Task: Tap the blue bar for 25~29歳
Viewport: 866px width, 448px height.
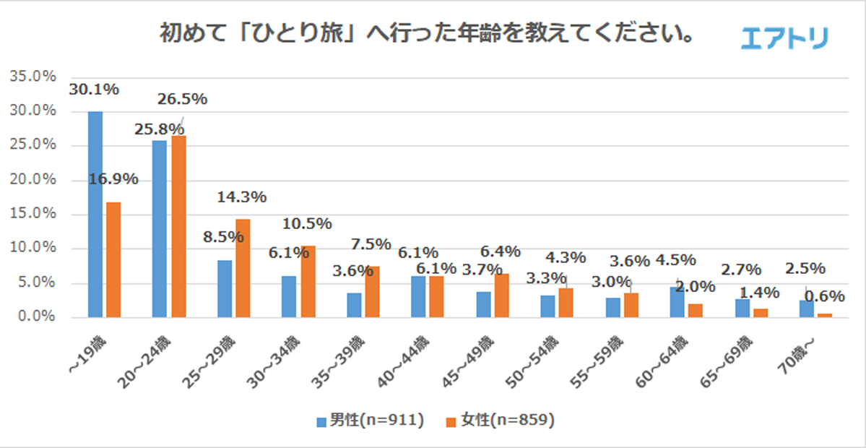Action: tap(225, 288)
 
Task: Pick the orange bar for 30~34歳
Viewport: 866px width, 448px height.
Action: tap(308, 281)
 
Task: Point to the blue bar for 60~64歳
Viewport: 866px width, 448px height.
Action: tap(677, 302)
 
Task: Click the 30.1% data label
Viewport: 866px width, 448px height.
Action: tap(95, 90)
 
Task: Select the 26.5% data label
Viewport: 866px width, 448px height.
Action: tap(182, 98)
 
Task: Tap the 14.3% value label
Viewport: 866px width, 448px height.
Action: tap(242, 197)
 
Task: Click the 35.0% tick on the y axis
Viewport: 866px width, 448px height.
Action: tap(33, 77)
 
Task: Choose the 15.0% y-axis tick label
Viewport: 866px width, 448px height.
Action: tap(33, 214)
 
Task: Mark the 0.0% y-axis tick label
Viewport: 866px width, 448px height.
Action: tap(36, 316)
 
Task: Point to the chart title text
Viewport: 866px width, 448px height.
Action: tap(426, 35)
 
